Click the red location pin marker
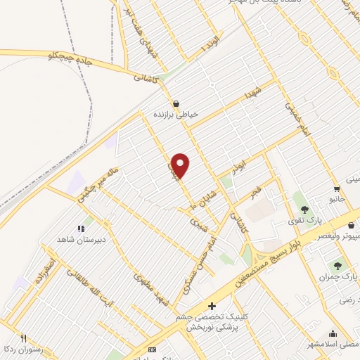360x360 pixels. pos(181,165)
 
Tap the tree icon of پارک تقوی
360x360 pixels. pos(304,209)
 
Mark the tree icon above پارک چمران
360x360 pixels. pos(337,266)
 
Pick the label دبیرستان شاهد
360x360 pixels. pos(80,239)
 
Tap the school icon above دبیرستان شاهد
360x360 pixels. pos(80,228)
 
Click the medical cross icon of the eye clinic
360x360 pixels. pos(212,306)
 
